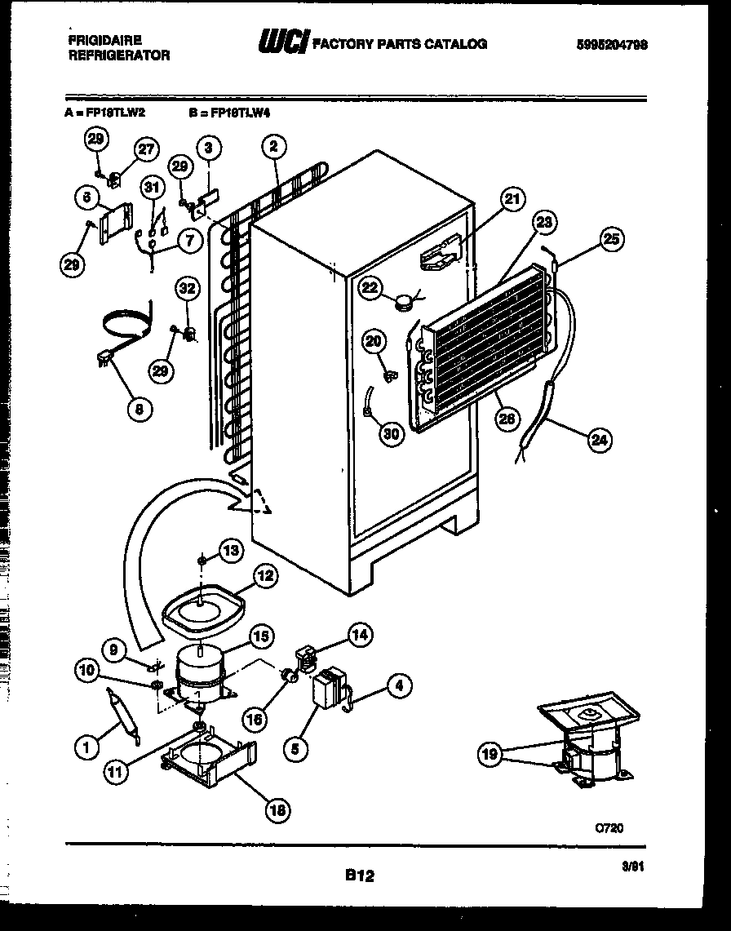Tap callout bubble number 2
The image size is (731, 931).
click(273, 147)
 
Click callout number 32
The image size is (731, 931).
click(188, 287)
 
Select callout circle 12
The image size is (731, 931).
click(264, 575)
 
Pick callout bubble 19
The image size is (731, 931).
click(490, 755)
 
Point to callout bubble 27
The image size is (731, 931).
click(145, 149)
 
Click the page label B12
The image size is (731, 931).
click(358, 876)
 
